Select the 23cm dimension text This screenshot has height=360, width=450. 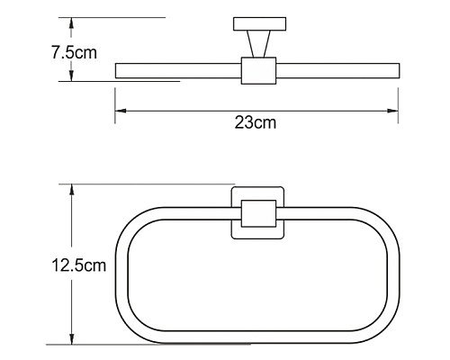tap(256, 123)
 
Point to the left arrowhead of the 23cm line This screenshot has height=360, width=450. tap(119, 112)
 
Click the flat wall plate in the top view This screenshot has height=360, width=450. tap(256, 23)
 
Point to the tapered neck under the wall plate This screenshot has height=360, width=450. tap(256, 44)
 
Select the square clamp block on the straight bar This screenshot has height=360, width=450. tap(256, 70)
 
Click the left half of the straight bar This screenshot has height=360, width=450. tap(175, 70)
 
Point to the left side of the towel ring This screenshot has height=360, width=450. tap(121, 274)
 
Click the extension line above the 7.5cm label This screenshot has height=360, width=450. tap(117, 17)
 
